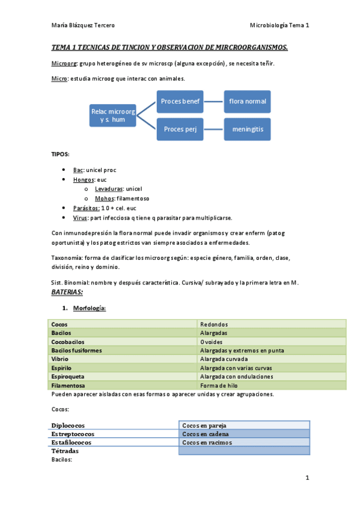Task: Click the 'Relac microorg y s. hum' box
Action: pos(112,115)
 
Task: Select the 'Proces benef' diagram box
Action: pos(180,101)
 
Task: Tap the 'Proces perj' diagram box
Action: pos(180,129)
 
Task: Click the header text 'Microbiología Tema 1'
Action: pos(279,25)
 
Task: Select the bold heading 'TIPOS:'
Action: pos(60,154)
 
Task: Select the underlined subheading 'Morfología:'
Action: pos(90,309)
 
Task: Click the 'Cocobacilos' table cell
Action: pos(69,342)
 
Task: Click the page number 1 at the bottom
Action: pos(307,479)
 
